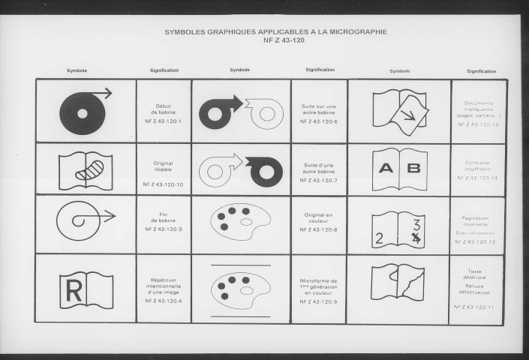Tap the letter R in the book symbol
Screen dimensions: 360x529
pyautogui.click(x=74, y=290)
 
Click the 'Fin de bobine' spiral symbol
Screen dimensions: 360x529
pyautogui.click(x=81, y=218)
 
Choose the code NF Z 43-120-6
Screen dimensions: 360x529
pyautogui.click(x=318, y=121)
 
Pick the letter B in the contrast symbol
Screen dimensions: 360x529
pyautogui.click(x=413, y=168)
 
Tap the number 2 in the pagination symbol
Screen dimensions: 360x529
pyautogui.click(x=381, y=239)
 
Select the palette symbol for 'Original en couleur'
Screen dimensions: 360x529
pyautogui.click(x=240, y=221)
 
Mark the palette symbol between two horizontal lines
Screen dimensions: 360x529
pyautogui.click(x=240, y=290)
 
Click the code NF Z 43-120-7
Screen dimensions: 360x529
pyautogui.click(x=318, y=181)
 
